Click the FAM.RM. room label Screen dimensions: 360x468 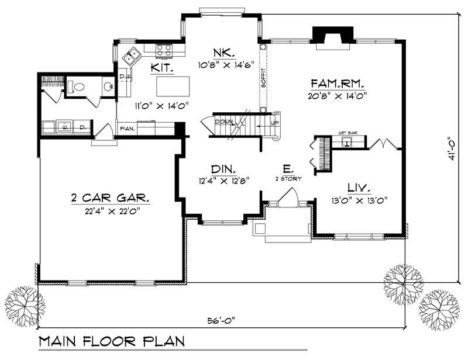point(331,83)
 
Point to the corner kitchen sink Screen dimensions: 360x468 point(132,56)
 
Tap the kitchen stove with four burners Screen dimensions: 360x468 point(164,51)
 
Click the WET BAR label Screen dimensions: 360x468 point(347,133)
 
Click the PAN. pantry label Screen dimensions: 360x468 point(127,128)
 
